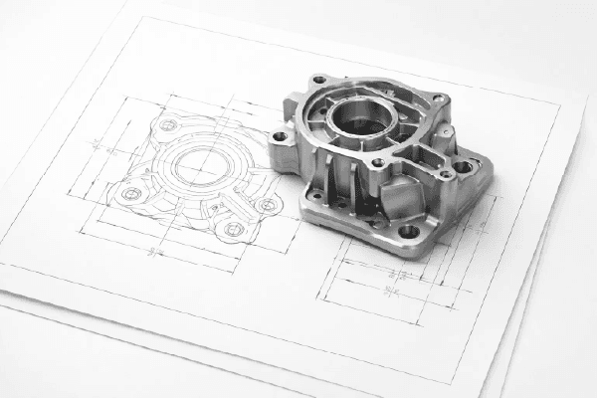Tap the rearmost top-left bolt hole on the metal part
point(319,80)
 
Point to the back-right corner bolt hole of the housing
point(435,99)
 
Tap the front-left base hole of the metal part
point(316,196)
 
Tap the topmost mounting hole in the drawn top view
point(168,125)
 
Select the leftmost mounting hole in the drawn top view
point(131,193)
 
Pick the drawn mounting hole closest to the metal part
point(267,204)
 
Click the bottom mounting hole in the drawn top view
point(234,229)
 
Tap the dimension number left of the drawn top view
point(98,145)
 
